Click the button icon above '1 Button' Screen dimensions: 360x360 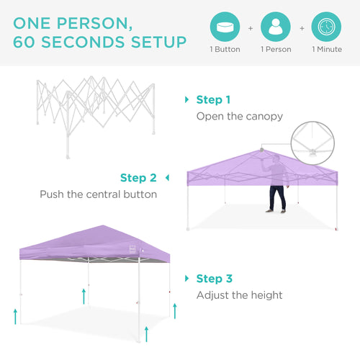[225, 27]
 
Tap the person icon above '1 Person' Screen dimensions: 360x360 [275, 27]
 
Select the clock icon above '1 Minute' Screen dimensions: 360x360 [326, 27]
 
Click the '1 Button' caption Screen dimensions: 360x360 [225, 50]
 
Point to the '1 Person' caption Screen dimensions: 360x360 [275, 50]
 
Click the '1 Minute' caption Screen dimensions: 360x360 [326, 50]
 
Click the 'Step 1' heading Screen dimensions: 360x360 [214, 100]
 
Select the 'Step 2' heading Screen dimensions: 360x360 [138, 178]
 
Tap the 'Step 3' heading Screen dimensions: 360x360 [214, 279]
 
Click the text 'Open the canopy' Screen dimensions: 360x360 [240, 116]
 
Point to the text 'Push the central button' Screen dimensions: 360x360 [98, 194]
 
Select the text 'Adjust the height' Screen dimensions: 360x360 [240, 295]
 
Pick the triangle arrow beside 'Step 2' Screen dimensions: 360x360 [167, 178]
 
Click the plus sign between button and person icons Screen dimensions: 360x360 [251, 28]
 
